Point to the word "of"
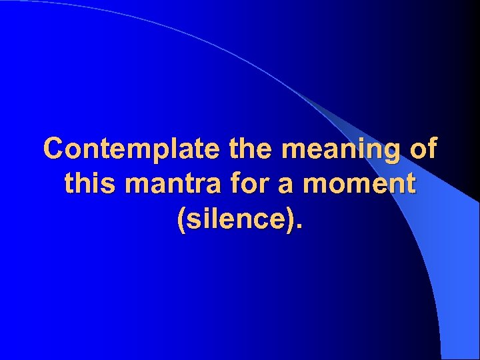click(421, 149)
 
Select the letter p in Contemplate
click(154, 153)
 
